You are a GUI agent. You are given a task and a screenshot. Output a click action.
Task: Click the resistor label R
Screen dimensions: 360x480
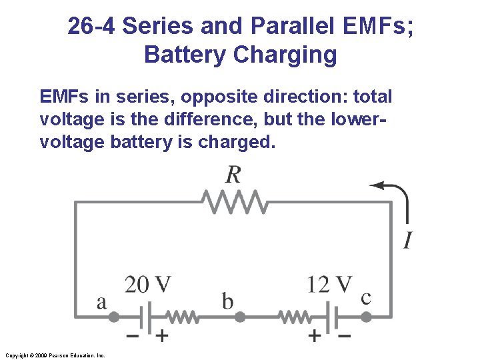coord(233,175)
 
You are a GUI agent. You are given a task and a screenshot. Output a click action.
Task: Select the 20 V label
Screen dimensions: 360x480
coord(147,285)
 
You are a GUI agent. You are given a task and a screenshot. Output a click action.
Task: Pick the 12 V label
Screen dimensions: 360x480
coord(329,285)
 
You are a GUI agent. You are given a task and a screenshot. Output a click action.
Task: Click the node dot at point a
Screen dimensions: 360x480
coord(114,317)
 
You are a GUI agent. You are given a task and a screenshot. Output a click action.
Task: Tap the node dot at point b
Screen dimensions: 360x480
coord(240,317)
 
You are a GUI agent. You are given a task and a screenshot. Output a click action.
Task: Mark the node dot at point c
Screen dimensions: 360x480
coord(365,317)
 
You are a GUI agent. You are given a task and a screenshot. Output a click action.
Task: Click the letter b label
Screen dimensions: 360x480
coord(227,301)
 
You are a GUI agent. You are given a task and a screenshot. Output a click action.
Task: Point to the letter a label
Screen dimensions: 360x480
coord(101,303)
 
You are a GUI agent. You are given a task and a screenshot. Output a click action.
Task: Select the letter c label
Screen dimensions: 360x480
coord(365,297)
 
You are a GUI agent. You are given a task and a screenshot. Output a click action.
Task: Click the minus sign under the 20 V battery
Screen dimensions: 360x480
coord(133,336)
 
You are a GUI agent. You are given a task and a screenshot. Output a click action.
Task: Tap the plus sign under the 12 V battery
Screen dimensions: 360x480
coord(315,336)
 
